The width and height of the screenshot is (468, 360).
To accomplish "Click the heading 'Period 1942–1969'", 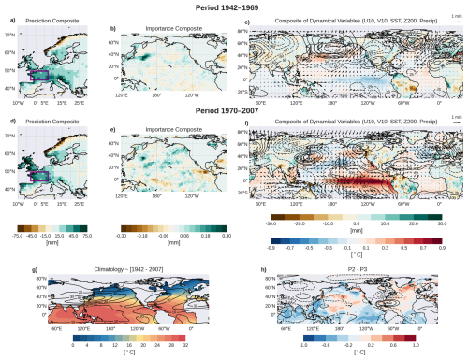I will pos(233,7).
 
